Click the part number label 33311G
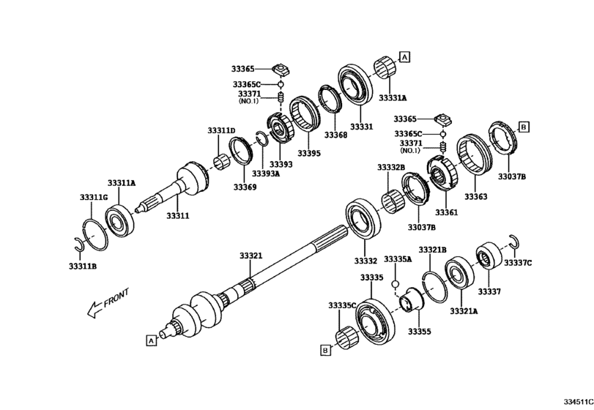(x=94, y=198)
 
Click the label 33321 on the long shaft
(x=250, y=256)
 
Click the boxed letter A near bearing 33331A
(x=404, y=56)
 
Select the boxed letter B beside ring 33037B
(x=524, y=127)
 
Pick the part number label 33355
(x=419, y=332)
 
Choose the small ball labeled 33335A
(x=395, y=283)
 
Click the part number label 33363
(x=475, y=197)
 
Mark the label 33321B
(x=433, y=250)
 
